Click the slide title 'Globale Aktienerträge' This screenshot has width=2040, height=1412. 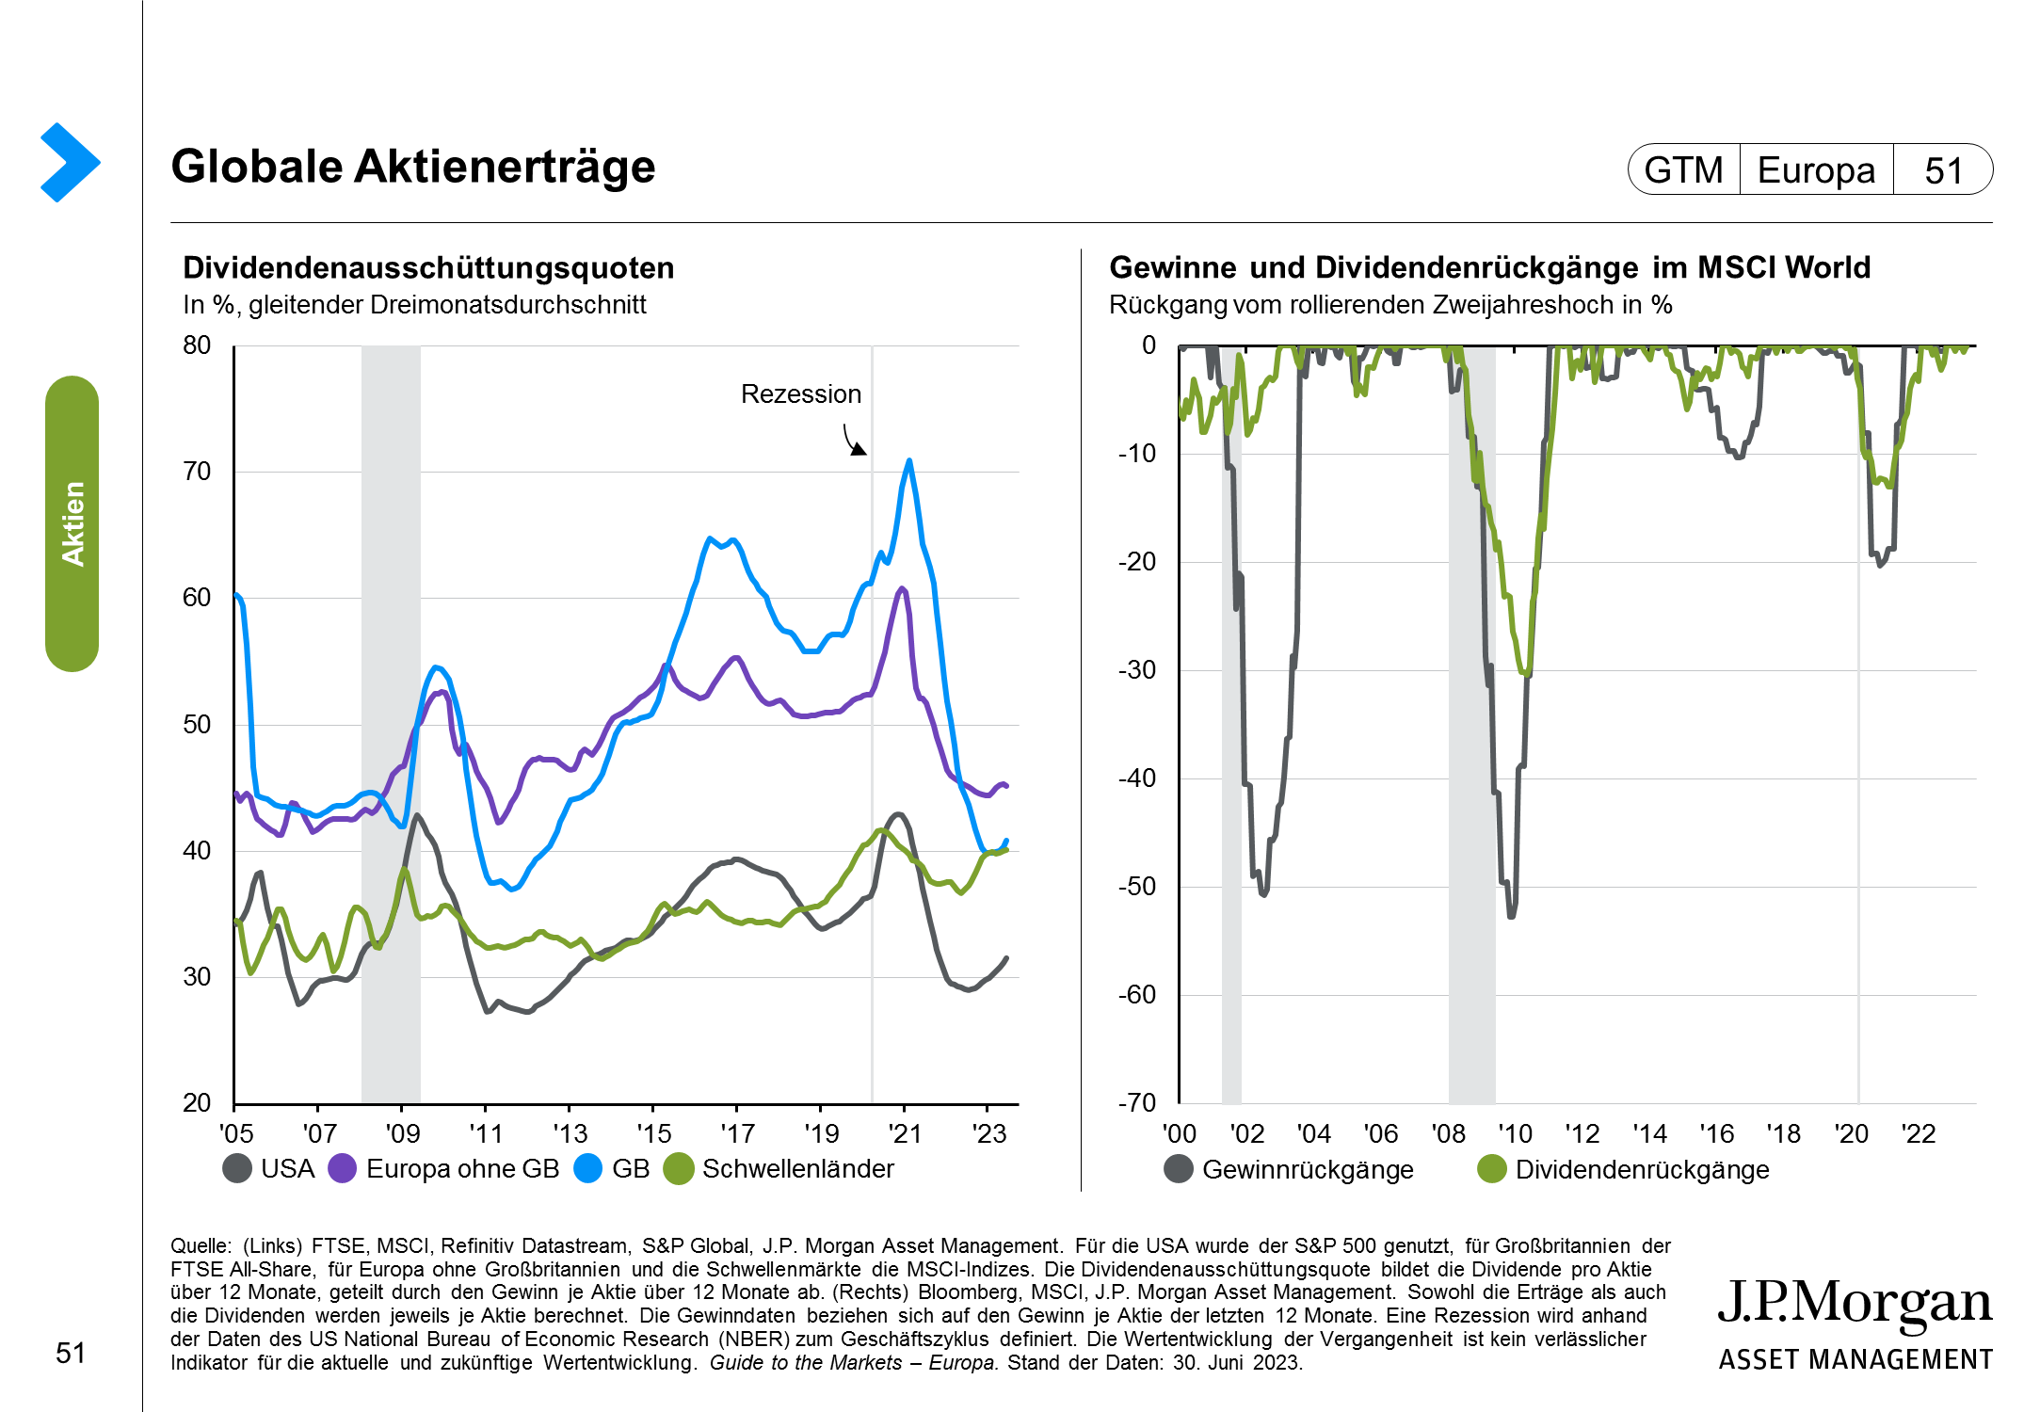click(412, 167)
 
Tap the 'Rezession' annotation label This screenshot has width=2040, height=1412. click(800, 393)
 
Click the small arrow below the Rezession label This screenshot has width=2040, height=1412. click(854, 441)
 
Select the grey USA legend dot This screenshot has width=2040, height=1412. click(237, 1169)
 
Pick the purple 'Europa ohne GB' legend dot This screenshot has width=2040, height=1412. click(343, 1169)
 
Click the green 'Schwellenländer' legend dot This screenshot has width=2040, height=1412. click(679, 1169)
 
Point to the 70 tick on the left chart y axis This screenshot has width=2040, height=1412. click(197, 472)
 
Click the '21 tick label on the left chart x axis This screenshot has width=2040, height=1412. click(905, 1133)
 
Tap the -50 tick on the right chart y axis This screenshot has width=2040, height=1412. click(1137, 887)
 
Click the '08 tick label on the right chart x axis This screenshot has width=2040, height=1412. click(1448, 1133)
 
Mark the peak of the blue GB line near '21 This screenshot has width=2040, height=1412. click(909, 460)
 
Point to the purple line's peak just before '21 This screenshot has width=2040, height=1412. click(902, 588)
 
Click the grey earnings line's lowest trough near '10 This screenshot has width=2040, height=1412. click(1511, 916)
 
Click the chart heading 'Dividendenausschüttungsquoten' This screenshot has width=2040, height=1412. click(428, 268)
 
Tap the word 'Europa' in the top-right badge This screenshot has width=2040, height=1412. click(1816, 170)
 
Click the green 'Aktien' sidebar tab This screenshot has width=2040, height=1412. click(72, 523)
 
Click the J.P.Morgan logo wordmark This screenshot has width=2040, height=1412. click(1855, 1305)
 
